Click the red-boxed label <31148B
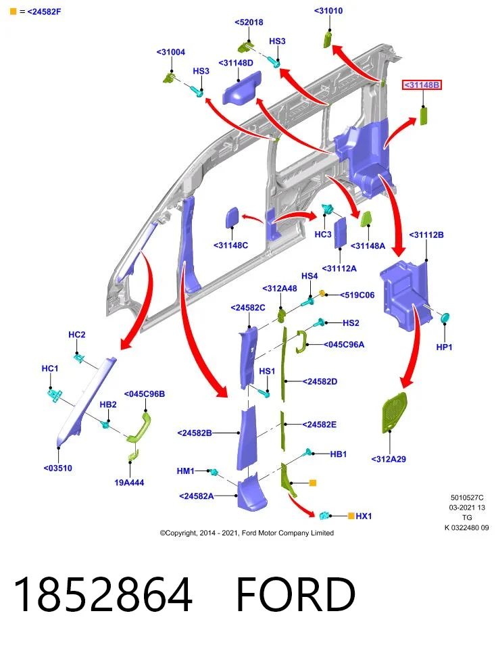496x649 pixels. click(422, 85)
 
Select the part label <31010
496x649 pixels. click(328, 11)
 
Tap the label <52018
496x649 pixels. click(249, 22)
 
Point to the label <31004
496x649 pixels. click(171, 52)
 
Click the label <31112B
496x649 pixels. click(426, 235)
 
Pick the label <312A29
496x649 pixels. click(389, 459)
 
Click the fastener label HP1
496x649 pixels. click(444, 347)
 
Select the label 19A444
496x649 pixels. click(129, 482)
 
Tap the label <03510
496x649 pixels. click(58, 468)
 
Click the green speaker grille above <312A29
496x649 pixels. click(394, 412)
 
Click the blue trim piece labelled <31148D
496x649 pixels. click(242, 88)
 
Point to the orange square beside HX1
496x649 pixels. click(351, 516)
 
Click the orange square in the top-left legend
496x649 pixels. click(14, 11)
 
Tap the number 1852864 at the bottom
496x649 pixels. click(103, 594)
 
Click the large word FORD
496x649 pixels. click(296, 594)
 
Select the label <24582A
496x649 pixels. click(197, 496)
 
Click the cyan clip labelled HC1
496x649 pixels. click(55, 395)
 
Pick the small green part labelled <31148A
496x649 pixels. click(366, 219)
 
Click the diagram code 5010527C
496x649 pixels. click(467, 498)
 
